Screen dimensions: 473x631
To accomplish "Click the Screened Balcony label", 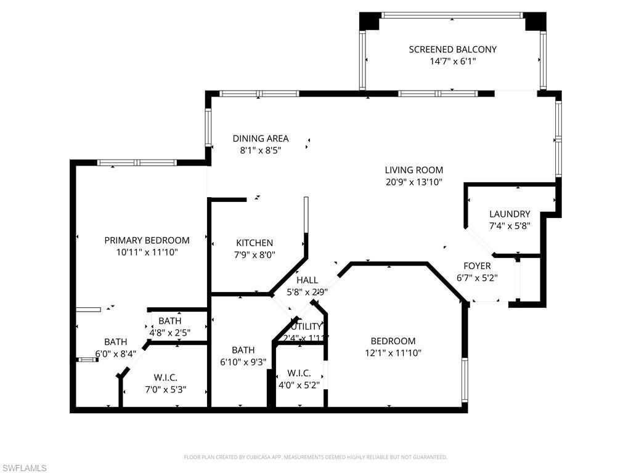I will [452, 49].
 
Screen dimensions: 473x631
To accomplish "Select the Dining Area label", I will [260, 139].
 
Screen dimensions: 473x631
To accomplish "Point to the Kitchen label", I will [254, 243].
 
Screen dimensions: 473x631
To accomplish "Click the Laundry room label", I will [510, 214].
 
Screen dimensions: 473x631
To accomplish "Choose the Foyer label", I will [477, 266].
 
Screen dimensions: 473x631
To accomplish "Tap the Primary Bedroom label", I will [147, 240].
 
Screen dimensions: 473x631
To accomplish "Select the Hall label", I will [307, 280].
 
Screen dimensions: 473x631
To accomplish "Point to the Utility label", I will [306, 326].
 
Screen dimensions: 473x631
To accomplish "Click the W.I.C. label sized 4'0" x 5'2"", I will [298, 374].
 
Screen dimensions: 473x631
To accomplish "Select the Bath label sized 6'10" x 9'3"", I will [243, 350].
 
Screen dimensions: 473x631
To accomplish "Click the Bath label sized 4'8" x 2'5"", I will [170, 321].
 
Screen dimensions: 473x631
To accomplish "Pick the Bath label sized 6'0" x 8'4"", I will [115, 342].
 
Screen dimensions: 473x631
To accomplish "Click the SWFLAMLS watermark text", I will [23, 468].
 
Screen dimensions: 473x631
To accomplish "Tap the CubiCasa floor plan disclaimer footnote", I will [315, 457].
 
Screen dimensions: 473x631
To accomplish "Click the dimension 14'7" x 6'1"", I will [452, 62].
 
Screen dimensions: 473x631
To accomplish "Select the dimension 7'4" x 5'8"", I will [510, 225].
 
